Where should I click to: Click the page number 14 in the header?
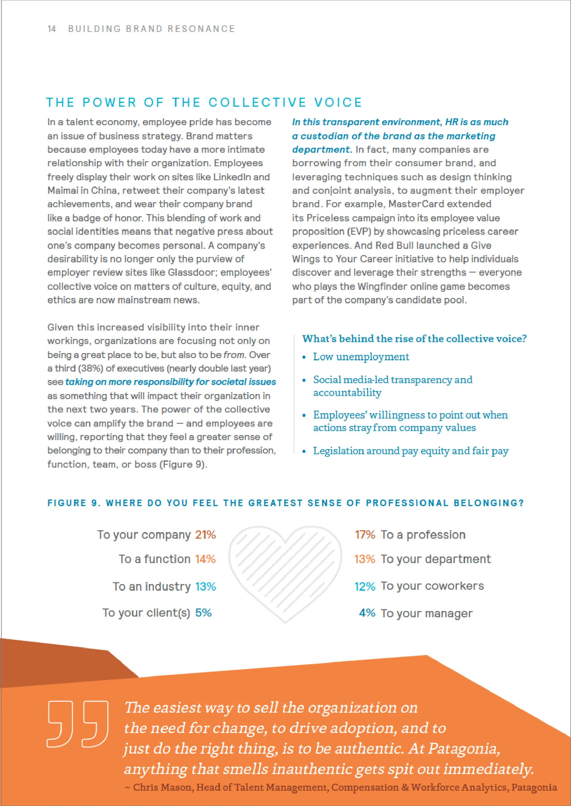52,29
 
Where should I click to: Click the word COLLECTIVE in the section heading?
257,102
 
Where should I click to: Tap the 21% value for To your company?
205,535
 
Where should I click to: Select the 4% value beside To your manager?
367,613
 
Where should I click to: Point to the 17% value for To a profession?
365,535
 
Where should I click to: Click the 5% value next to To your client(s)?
203,613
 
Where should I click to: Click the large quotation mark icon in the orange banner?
77,724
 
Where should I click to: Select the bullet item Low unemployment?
361,357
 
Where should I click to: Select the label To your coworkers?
432,586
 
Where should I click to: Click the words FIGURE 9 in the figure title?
74,503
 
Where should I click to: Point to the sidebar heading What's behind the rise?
414,339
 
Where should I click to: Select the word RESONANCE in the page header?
201,29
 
